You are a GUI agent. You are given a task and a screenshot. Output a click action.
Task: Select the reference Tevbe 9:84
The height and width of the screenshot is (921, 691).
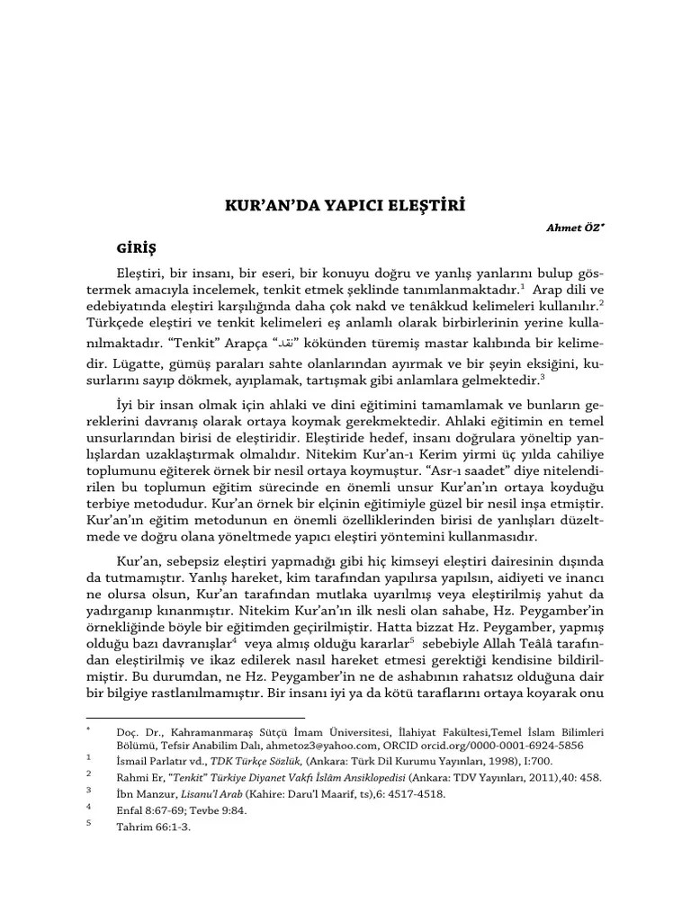pos(209,811)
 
